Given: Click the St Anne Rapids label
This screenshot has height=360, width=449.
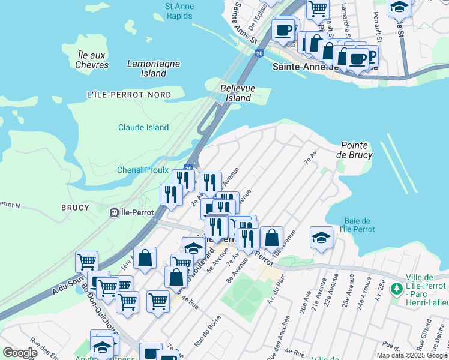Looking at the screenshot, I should [x=179, y=11].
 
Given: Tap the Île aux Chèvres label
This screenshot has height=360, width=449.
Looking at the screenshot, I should [x=93, y=59].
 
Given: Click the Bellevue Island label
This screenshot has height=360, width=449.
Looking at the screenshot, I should [x=238, y=93].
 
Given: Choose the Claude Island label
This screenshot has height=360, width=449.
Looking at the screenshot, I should [x=143, y=127].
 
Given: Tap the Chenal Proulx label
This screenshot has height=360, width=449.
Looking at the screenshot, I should [x=143, y=170].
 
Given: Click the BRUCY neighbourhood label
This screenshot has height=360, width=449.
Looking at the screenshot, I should [x=75, y=208].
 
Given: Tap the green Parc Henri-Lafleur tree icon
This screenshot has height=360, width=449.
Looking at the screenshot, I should [x=396, y=289].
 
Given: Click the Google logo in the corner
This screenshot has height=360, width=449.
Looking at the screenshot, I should [x=20, y=353].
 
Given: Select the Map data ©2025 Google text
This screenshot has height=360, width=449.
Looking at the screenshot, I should [x=411, y=355].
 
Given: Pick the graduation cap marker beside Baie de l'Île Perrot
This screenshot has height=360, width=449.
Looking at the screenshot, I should [x=321, y=237].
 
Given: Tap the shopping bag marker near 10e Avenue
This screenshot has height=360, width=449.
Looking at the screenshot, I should [x=271, y=237].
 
